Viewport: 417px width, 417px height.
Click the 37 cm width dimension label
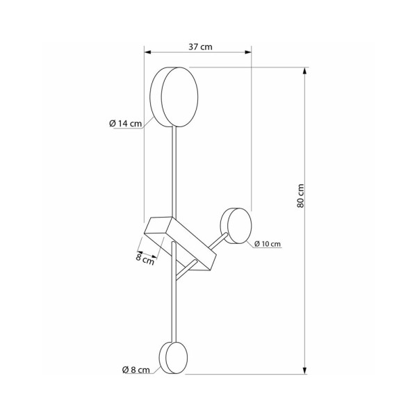[x=200, y=46]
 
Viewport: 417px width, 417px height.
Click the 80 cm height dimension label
[x=300, y=199]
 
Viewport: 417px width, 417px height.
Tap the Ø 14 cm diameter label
[x=126, y=124]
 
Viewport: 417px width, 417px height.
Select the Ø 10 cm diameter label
[x=268, y=244]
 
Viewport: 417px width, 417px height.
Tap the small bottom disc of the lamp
[x=172, y=357]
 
